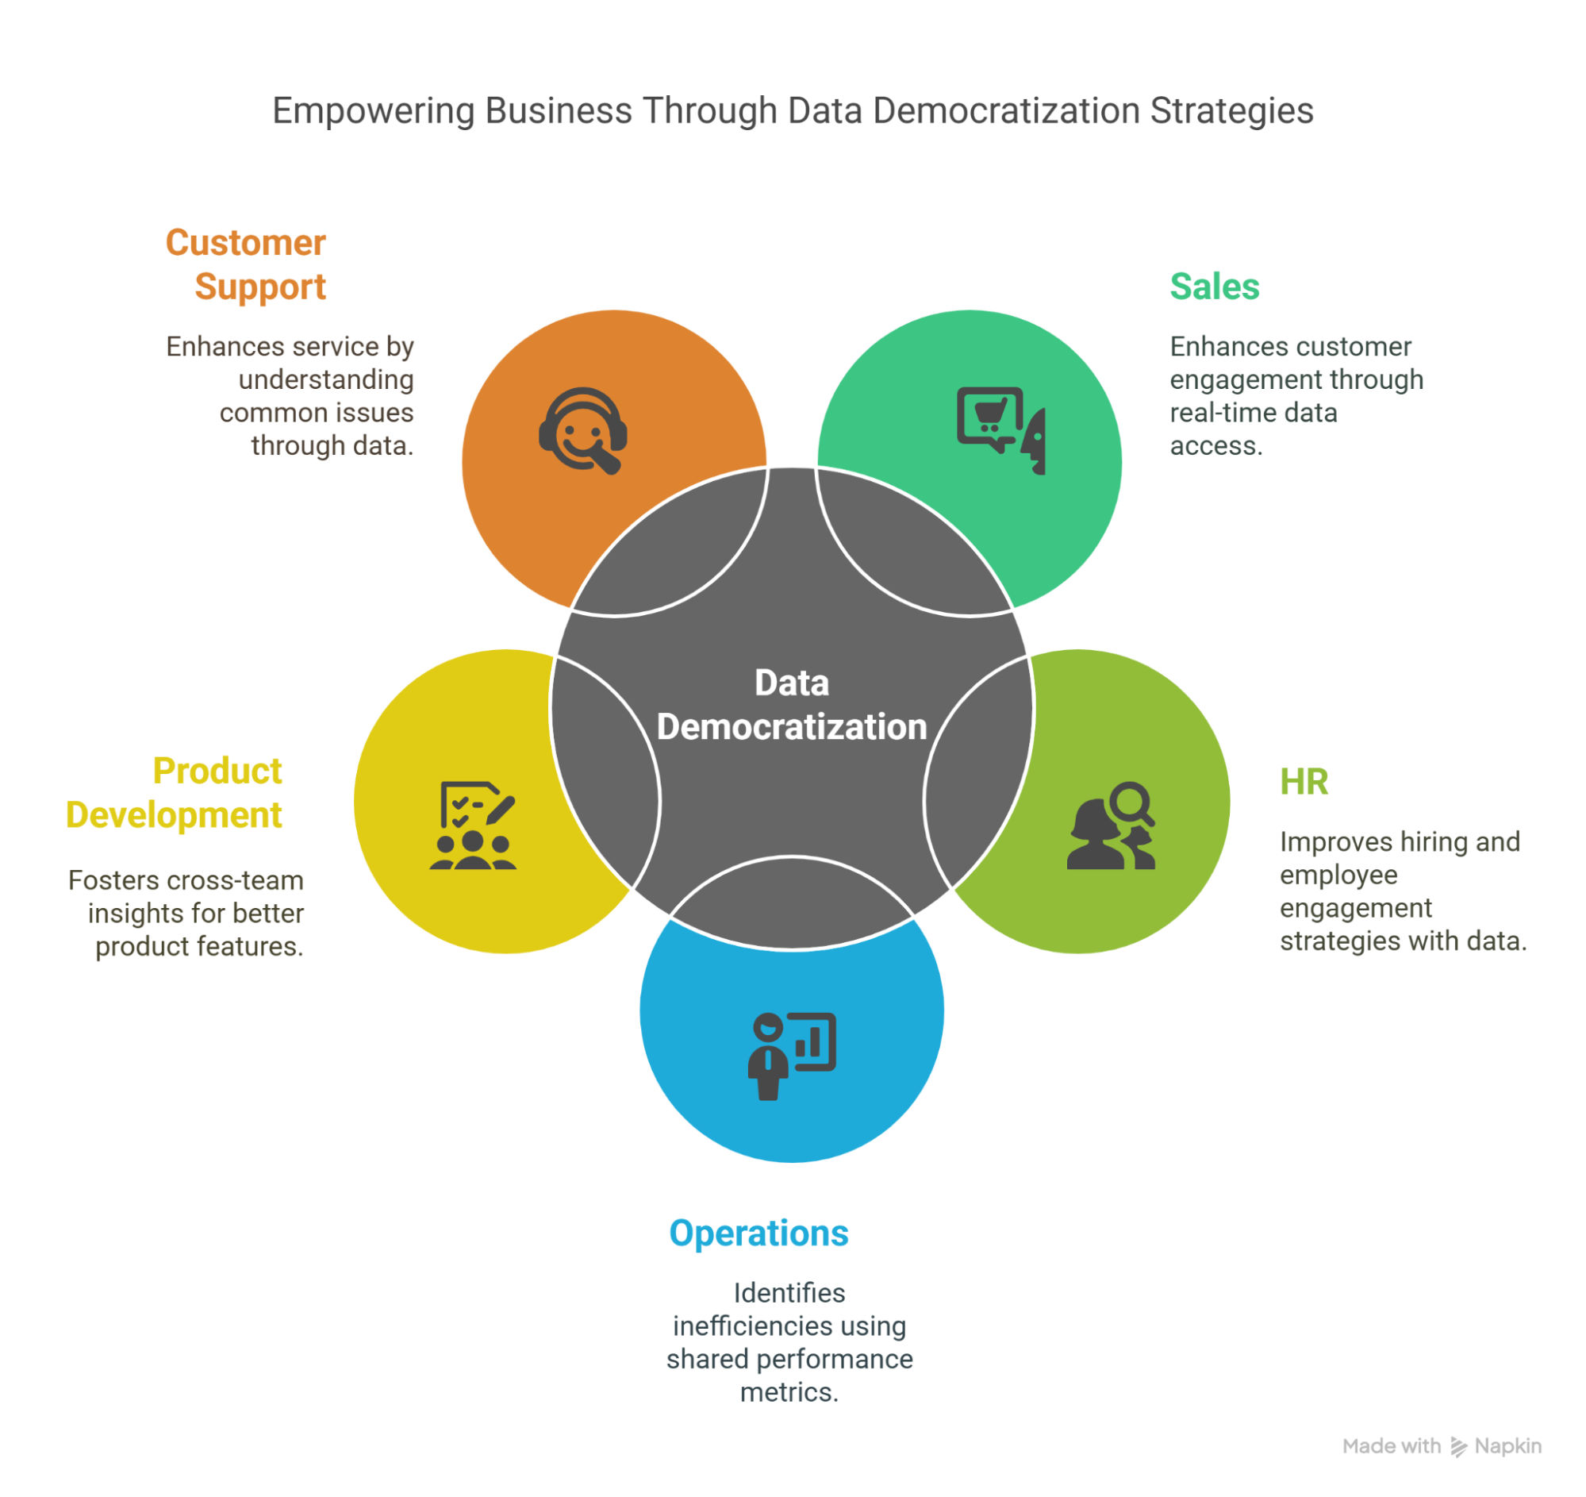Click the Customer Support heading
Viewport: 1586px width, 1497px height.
[x=246, y=265]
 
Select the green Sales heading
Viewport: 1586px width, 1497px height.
[x=1214, y=287]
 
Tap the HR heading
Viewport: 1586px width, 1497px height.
[x=1304, y=782]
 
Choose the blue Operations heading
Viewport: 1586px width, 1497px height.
[x=758, y=1233]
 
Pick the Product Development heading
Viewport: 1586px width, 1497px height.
[x=175, y=793]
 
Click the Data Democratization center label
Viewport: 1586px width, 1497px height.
[x=791, y=706]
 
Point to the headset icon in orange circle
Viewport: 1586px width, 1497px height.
[x=582, y=431]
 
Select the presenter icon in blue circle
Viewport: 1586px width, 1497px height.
[x=791, y=1056]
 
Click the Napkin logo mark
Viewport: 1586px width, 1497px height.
[x=1458, y=1447]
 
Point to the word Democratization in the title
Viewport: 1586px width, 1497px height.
[x=1006, y=111]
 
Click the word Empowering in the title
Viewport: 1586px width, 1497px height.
[x=374, y=111]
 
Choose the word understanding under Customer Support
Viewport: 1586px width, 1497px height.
[x=325, y=380]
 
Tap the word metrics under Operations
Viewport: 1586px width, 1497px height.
[x=788, y=1392]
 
